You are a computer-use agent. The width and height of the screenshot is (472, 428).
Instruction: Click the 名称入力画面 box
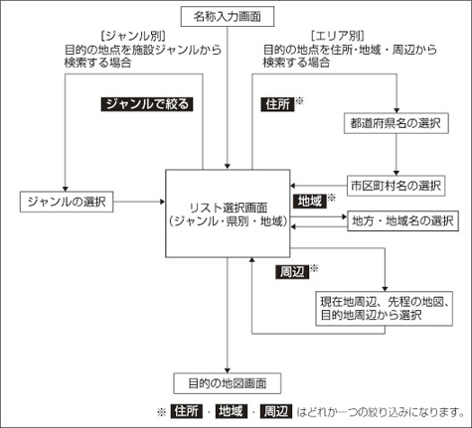tap(228, 17)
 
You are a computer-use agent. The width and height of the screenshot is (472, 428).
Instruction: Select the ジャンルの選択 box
tap(67, 202)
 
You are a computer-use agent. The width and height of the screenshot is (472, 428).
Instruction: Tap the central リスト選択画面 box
tap(228, 214)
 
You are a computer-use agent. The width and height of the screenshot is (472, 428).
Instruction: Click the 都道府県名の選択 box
tap(396, 123)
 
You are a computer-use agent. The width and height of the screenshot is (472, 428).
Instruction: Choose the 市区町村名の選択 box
tap(395, 186)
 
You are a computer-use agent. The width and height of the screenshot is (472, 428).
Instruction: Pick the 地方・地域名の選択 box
tap(402, 220)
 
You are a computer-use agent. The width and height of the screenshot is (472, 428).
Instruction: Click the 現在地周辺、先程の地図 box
tap(384, 309)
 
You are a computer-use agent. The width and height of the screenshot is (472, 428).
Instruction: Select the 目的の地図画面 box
tap(228, 383)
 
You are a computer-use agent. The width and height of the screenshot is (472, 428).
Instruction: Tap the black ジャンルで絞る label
tap(147, 104)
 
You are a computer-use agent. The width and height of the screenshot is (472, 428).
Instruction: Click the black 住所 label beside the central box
tap(277, 104)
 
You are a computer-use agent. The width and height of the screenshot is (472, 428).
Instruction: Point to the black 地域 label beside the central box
tap(310, 202)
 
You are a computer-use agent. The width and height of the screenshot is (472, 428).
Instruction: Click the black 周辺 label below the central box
tap(292, 272)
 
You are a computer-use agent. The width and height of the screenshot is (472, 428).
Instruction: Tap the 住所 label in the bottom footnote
tap(187, 411)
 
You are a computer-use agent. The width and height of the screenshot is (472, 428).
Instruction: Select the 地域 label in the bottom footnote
tap(232, 411)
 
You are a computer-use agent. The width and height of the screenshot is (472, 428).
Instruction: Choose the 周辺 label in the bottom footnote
tap(276, 411)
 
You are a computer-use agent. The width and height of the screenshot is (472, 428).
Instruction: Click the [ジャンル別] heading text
tap(133, 36)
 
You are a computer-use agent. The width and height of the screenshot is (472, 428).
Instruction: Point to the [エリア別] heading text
tap(338, 36)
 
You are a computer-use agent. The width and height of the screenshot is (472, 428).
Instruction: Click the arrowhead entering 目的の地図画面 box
tap(228, 370)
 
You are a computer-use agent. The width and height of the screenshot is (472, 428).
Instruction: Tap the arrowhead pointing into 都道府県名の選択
tap(396, 111)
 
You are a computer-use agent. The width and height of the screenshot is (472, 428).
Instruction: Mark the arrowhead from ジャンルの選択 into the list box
tap(163, 202)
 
